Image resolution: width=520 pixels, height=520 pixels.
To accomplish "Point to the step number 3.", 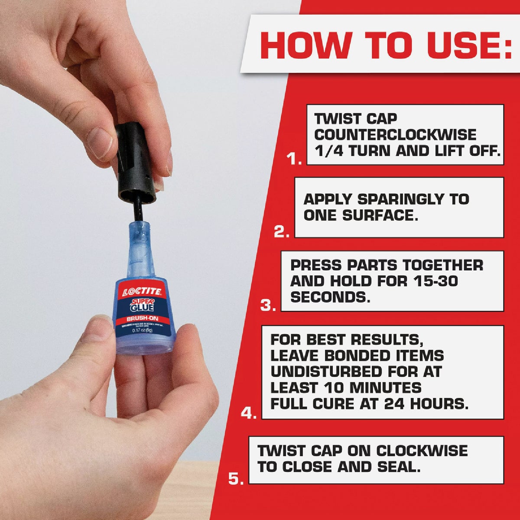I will [268, 306].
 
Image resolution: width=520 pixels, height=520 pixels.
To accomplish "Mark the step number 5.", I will [236, 479].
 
